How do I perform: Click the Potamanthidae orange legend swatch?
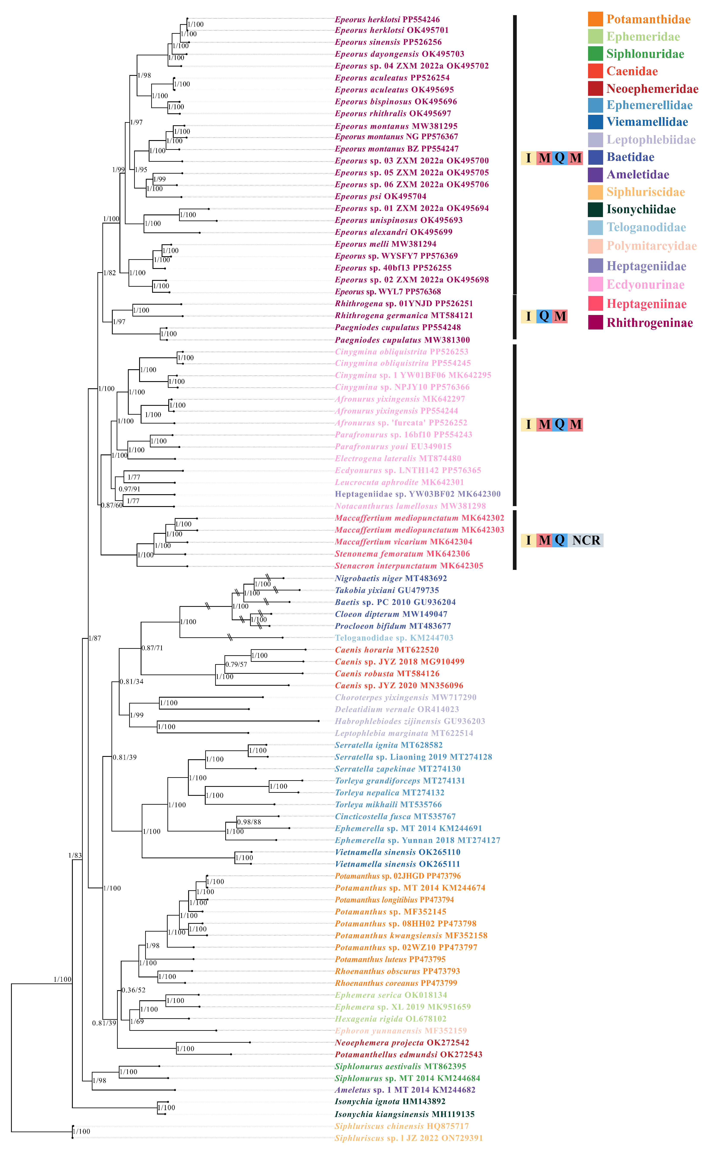[x=595, y=19]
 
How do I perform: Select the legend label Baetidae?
[x=630, y=157]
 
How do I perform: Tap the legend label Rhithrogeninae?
[x=649, y=323]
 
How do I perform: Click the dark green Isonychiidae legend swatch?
[x=595, y=209]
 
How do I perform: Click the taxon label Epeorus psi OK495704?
[x=381, y=197]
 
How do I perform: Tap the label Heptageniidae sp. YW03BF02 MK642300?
[x=417, y=494]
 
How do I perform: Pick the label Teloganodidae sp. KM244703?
[x=394, y=638]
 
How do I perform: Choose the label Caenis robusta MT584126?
[x=387, y=674]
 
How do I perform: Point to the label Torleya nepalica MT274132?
[x=390, y=793]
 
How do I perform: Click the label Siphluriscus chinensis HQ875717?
[x=402, y=1126]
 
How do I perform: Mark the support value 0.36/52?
[x=134, y=990]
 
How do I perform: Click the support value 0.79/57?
[x=236, y=664]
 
